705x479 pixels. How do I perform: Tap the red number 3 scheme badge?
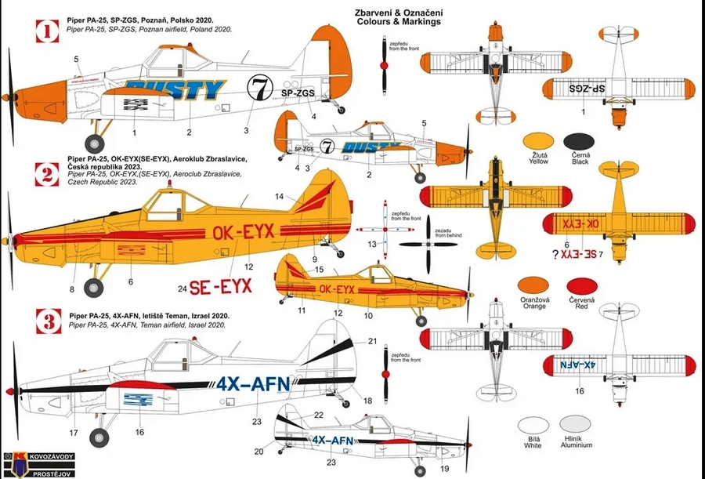pyautogui.click(x=47, y=320)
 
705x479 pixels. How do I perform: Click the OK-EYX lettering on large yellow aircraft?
pyautogui.click(x=242, y=232)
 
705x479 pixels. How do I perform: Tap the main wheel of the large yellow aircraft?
pyautogui.click(x=95, y=288)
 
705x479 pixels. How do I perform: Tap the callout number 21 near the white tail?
pyautogui.click(x=372, y=340)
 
